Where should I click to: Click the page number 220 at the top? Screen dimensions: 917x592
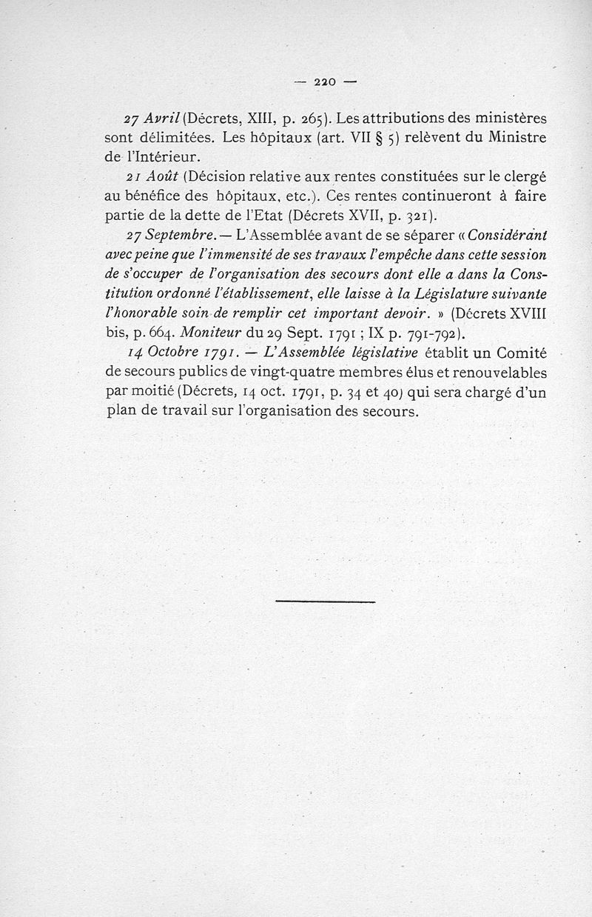point(325,81)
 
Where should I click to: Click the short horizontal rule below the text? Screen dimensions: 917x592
point(326,601)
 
